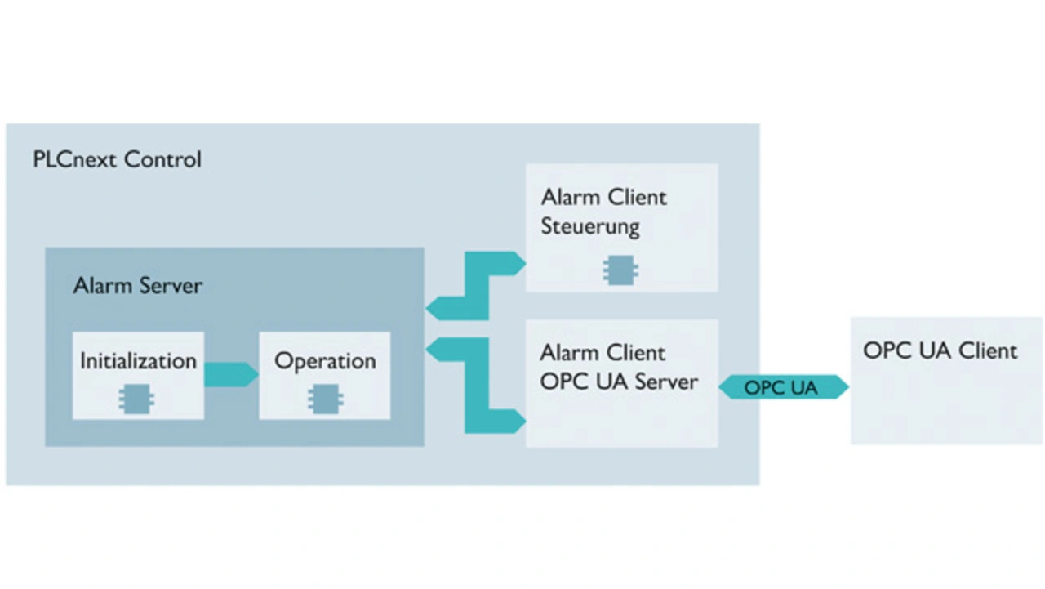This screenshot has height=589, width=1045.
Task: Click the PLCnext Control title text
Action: [x=117, y=159]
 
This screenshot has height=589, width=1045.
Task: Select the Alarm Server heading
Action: [x=138, y=286]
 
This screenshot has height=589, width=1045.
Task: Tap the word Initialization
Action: [x=138, y=361]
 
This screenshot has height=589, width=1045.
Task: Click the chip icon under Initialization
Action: [x=137, y=399]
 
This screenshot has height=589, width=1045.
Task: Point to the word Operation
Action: [x=325, y=361]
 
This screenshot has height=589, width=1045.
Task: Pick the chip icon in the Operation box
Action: [x=325, y=399]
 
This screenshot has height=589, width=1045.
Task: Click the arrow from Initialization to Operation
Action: [x=231, y=374]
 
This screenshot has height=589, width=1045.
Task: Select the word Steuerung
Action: [x=589, y=226]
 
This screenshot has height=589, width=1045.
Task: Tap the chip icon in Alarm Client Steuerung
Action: [x=620, y=270]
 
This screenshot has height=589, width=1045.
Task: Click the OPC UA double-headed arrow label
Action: [x=781, y=388]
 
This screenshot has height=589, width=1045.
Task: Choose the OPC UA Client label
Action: [x=940, y=351]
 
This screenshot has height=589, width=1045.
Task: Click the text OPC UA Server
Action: [x=619, y=382]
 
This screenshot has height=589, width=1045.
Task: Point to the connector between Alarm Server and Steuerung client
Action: [x=477, y=285]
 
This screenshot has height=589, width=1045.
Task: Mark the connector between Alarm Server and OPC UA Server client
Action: [x=477, y=384]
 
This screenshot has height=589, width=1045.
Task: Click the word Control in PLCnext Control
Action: [x=162, y=159]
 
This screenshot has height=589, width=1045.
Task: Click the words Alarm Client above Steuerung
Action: [x=603, y=198]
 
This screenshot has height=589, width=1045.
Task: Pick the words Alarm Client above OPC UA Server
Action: [x=603, y=353]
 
